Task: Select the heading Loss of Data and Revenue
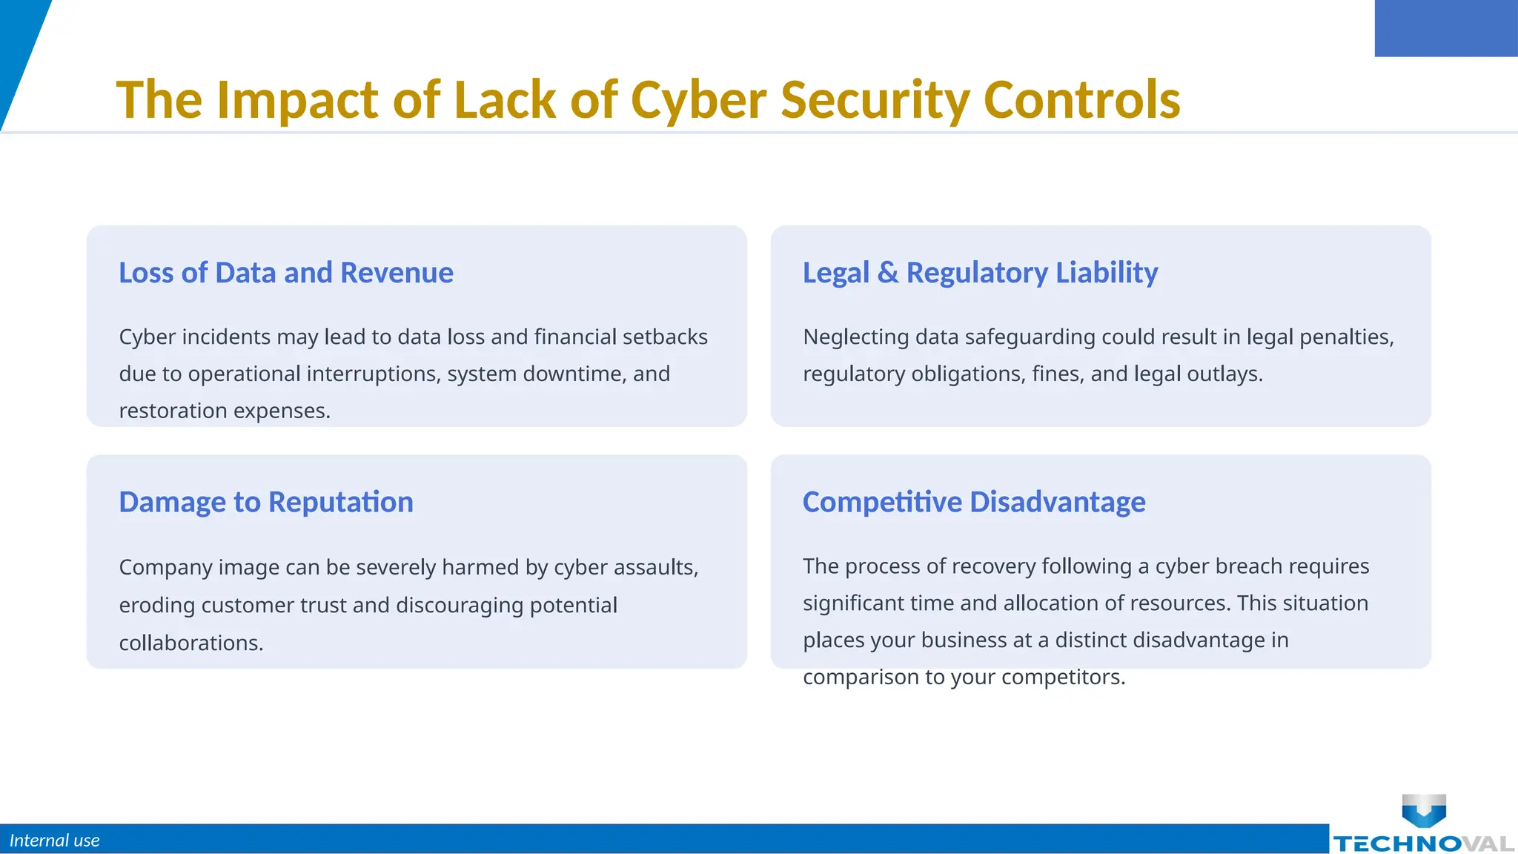click(x=286, y=273)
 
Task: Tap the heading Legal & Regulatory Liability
click(x=980, y=273)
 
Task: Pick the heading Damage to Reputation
click(x=266, y=502)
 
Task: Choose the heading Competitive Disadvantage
click(x=974, y=502)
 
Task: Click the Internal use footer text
click(x=54, y=841)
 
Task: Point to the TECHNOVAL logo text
click(x=1423, y=844)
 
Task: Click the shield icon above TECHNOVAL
click(x=1424, y=810)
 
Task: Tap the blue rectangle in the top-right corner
click(x=1446, y=28)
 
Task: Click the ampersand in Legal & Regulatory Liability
click(x=887, y=273)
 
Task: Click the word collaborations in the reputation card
click(x=190, y=643)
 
